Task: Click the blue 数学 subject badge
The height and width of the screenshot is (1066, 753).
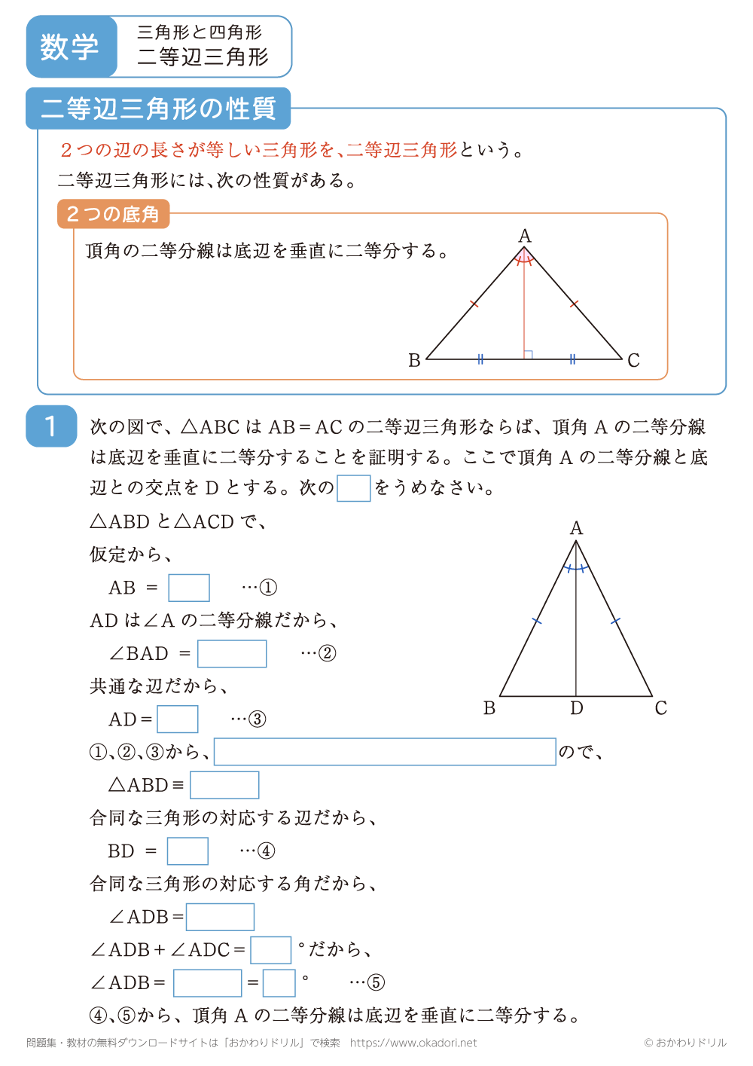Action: [x=70, y=47]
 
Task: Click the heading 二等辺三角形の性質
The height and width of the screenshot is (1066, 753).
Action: [x=158, y=108]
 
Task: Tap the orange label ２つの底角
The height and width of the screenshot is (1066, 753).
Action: [x=113, y=214]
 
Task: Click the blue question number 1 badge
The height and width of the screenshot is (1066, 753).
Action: [x=51, y=426]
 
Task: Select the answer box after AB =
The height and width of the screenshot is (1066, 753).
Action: [x=188, y=588]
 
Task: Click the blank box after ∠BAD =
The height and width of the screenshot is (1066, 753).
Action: [x=232, y=654]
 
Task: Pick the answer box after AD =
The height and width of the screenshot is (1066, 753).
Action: [x=177, y=719]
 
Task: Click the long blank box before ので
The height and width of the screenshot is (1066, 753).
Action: [x=385, y=752]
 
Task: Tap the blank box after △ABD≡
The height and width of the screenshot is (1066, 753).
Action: [x=224, y=785]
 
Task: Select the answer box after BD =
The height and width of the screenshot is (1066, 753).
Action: [x=187, y=851]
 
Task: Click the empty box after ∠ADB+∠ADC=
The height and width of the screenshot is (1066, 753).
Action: [x=270, y=950]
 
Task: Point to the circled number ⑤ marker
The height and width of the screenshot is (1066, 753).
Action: [x=376, y=983]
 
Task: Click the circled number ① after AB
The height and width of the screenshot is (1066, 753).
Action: [x=268, y=588]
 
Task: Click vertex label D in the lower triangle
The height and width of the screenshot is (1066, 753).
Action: [x=576, y=708]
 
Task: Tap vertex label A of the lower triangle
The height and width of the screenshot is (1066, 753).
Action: [x=576, y=528]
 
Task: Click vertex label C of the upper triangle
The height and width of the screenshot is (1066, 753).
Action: [x=633, y=361]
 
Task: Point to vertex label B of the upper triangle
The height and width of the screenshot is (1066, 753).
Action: [x=414, y=361]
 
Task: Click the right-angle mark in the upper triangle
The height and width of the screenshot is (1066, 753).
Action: [x=529, y=354]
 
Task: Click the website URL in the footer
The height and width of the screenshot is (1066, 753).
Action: [x=413, y=1043]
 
